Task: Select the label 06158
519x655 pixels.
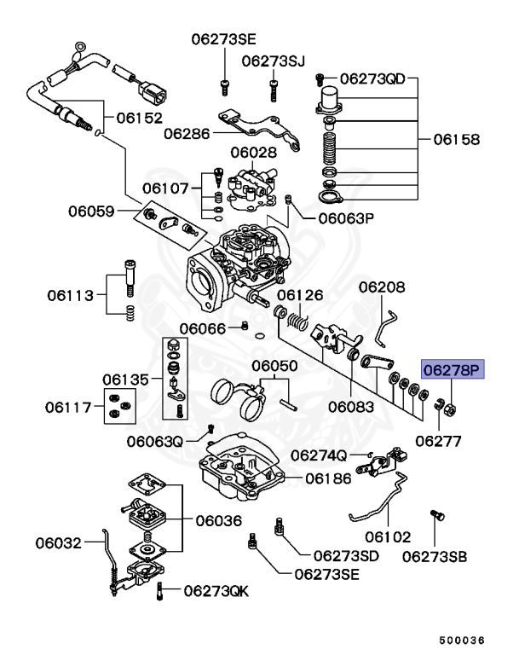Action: tap(456, 138)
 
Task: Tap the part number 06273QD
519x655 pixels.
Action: tap(373, 79)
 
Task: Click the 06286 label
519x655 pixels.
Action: tap(187, 133)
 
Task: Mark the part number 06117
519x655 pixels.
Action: tap(71, 407)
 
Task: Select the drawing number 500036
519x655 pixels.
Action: tap(461, 640)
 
